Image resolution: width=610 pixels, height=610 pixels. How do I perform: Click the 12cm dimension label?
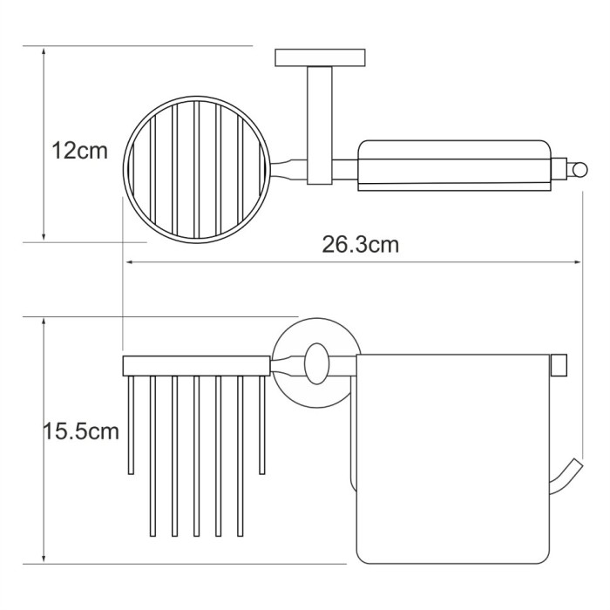(x=79, y=151)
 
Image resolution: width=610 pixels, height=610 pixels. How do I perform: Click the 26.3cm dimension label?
(x=360, y=245)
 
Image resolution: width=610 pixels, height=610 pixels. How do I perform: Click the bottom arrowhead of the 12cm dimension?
(x=44, y=236)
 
